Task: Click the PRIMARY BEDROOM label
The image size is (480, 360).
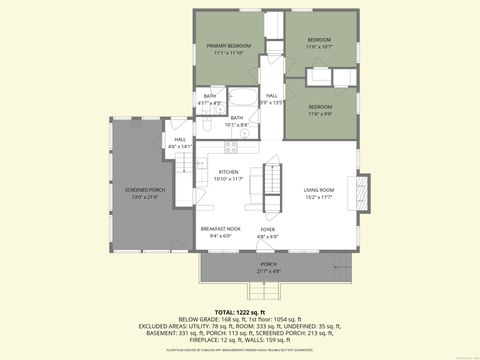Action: (229, 46)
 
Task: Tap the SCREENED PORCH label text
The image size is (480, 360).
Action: (145, 189)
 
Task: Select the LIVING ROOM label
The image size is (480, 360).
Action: (319, 189)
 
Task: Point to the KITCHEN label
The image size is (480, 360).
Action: (229, 172)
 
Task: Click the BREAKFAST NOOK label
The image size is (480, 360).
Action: (220, 229)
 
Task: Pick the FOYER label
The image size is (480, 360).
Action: (268, 229)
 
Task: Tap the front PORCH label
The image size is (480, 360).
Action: (269, 264)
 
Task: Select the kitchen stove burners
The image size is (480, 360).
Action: (231, 148)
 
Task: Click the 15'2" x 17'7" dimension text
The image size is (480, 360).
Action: (319, 196)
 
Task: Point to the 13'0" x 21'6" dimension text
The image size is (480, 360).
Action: (145, 196)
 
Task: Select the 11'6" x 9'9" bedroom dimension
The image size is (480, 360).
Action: (320, 113)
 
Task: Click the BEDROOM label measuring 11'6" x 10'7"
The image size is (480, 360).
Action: (319, 39)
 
